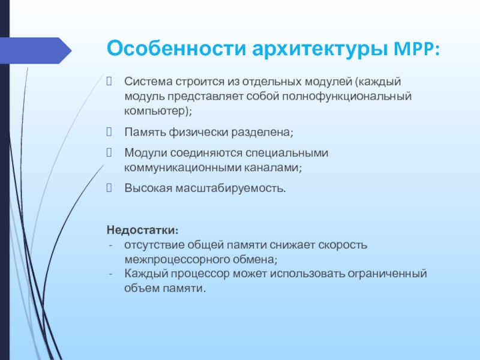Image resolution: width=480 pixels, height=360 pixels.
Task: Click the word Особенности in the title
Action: coord(176,49)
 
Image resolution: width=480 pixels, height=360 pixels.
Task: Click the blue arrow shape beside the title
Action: coord(36,50)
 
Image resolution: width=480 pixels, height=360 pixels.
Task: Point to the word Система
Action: coord(148,82)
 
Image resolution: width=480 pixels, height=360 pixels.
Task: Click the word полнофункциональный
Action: coord(347,97)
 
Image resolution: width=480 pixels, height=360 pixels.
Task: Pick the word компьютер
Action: coord(155,111)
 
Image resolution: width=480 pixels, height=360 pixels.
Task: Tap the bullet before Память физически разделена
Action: coord(109,132)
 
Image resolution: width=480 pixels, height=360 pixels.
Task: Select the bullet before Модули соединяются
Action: coord(109,152)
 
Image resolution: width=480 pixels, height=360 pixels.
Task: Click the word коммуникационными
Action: coord(182,168)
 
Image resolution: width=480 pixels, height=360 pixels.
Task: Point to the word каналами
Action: coord(271,168)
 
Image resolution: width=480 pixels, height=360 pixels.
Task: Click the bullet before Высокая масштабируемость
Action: coord(109,188)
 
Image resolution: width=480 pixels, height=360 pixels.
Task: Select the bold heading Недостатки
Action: coord(142,230)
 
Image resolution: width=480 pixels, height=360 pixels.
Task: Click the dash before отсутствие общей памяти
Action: coord(110,245)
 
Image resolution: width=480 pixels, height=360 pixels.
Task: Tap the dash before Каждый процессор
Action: coord(110,274)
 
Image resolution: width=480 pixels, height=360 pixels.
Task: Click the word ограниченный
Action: coord(387,274)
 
